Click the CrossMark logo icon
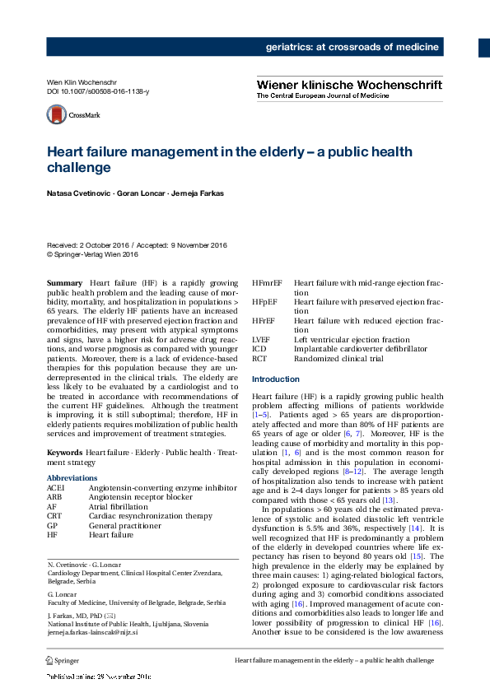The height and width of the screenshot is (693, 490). (57, 115)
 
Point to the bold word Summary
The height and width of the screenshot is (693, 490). (64, 282)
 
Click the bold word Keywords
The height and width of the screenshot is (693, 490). (64, 453)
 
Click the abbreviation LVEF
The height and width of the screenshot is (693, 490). (262, 339)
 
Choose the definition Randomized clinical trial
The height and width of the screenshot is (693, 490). (339, 358)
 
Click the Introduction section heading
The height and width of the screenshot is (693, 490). (276, 379)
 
